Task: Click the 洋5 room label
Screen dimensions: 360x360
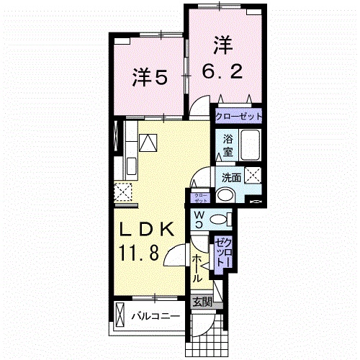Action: (150, 76)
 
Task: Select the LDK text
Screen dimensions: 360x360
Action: (147, 230)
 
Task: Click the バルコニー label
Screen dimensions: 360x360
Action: (154, 315)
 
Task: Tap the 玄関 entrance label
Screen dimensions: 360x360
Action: (202, 302)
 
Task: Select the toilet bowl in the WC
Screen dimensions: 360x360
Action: (223, 220)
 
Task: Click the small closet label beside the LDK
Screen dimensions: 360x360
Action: (199, 196)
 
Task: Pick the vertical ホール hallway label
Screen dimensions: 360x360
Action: (197, 266)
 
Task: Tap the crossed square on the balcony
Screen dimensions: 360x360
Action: (120, 315)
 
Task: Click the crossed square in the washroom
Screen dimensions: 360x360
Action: (253, 174)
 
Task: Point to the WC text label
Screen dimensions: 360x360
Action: (198, 219)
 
